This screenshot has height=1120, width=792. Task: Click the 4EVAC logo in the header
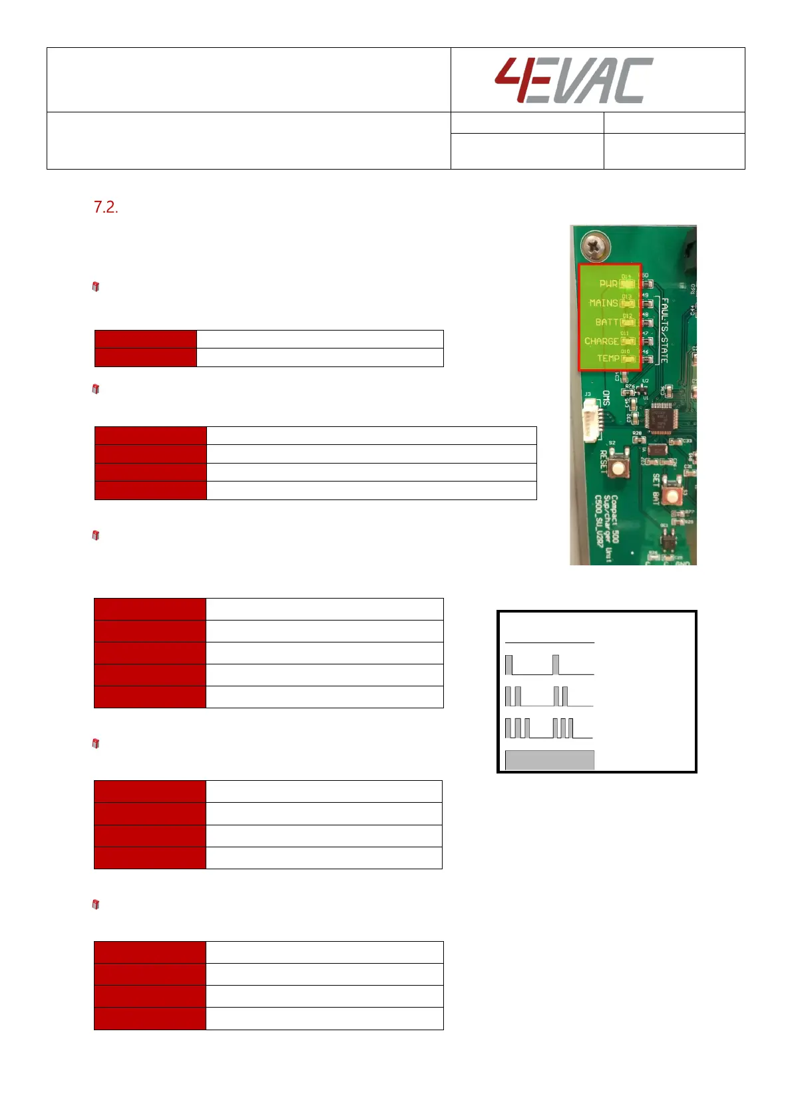point(573,80)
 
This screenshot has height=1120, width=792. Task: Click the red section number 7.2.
point(106,208)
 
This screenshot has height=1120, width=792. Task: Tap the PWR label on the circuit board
point(608,284)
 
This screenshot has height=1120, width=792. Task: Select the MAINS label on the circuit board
point(603,303)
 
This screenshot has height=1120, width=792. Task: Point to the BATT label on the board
point(606,323)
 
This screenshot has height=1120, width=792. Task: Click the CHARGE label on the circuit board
point(601,341)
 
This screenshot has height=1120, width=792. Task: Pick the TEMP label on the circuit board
point(607,358)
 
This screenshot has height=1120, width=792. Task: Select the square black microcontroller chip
point(660,419)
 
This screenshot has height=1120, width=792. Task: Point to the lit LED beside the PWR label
point(627,284)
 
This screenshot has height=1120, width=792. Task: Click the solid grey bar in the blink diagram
point(549,760)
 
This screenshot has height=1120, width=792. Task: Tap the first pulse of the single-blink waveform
point(509,665)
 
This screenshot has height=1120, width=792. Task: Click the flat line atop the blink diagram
point(549,643)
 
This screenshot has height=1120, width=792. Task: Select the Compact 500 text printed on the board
point(614,518)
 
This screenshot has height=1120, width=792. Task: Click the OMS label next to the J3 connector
point(606,398)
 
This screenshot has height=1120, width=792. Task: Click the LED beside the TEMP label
point(627,359)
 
